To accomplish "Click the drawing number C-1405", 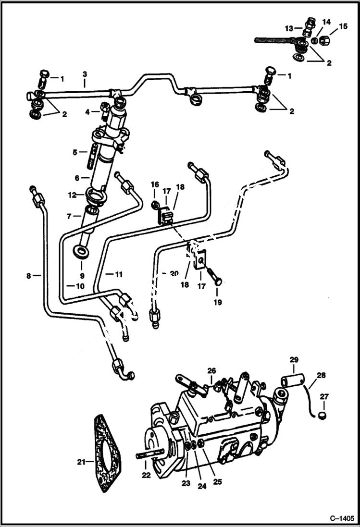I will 342,519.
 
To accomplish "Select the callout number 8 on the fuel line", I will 29,276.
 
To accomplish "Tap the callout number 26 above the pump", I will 212,370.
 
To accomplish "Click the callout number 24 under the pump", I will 202,486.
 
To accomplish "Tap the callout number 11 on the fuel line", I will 118,274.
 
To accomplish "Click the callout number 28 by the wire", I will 321,374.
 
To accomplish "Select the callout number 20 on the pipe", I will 174,273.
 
